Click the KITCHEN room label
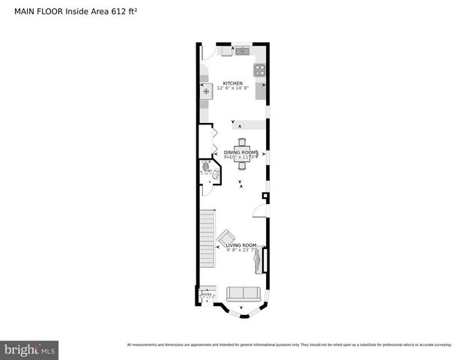232,83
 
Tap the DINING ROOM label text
240,152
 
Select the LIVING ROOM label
241,245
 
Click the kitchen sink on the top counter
243,52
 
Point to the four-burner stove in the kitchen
260,70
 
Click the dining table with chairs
241,154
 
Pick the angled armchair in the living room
226,240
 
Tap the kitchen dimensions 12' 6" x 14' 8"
233,88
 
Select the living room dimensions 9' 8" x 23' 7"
241,250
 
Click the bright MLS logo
29,349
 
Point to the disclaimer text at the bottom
289,344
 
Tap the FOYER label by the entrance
206,295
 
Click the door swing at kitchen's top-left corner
209,52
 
